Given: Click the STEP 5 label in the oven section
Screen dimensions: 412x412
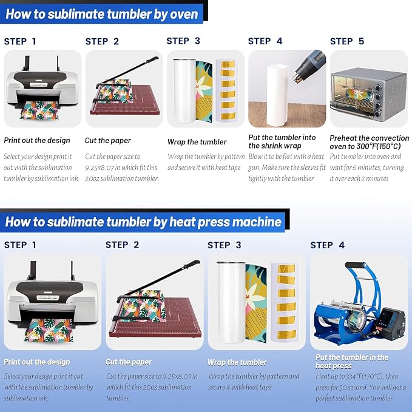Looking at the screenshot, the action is (x=347, y=41).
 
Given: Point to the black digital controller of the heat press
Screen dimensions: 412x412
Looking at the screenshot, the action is (x=392, y=323).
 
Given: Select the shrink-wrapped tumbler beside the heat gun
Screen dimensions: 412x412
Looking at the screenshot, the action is (x=278, y=95).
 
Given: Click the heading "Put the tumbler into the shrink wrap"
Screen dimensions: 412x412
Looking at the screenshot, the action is (x=282, y=141).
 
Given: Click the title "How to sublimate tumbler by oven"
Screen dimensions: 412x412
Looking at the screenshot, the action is (x=102, y=14).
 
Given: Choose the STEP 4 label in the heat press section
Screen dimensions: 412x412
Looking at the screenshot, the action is (x=328, y=245).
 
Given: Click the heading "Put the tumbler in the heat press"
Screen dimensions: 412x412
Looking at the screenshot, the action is (x=352, y=362).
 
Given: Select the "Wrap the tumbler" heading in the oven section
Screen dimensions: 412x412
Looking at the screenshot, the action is (x=197, y=142).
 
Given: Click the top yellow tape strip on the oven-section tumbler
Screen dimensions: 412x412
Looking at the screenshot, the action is (x=228, y=64).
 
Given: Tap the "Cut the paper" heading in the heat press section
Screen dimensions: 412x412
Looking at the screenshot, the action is (x=129, y=362).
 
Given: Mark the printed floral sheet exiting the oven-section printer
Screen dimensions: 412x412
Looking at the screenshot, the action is (x=39, y=110).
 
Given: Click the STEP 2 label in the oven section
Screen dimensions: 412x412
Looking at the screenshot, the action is (x=102, y=41).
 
